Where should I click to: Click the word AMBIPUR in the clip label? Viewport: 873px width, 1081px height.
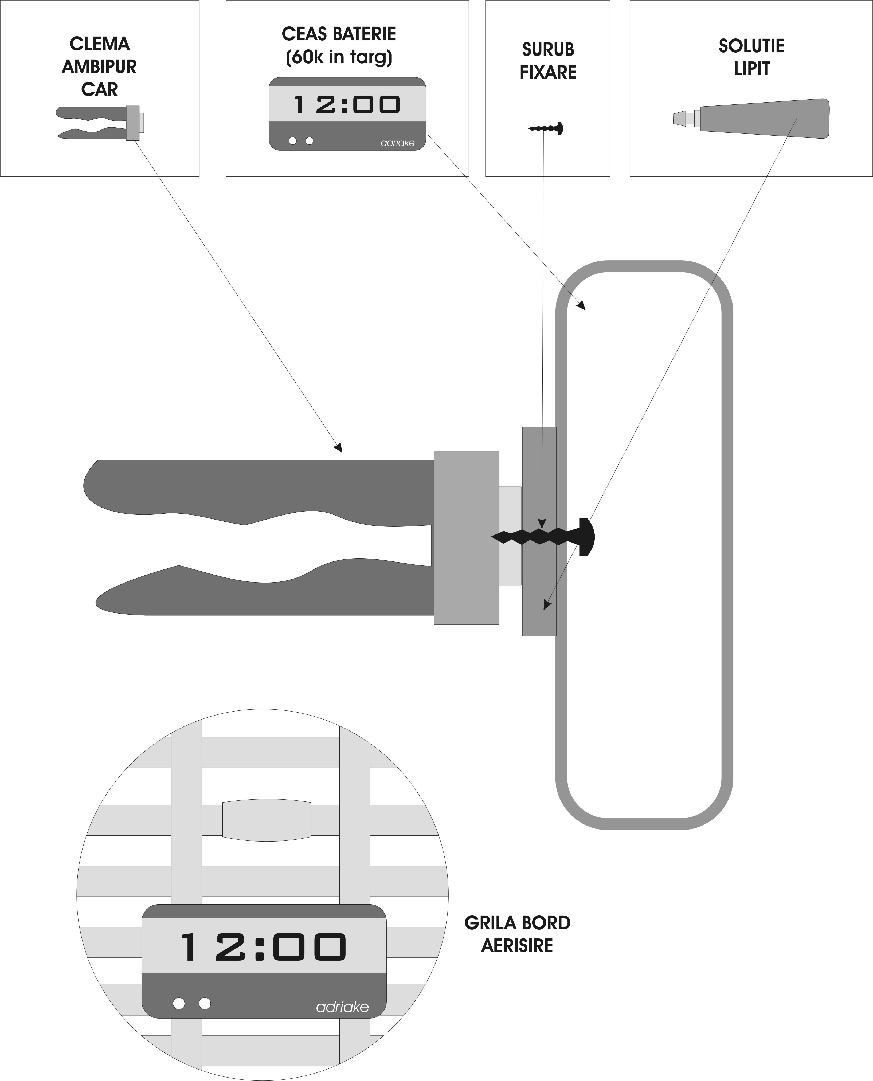pyautogui.click(x=99, y=67)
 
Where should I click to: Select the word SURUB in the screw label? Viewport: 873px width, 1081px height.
pyautogui.click(x=548, y=50)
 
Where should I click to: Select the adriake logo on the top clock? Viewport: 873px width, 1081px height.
pyautogui.click(x=397, y=143)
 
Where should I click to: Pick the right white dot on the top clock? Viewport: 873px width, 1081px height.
pyautogui.click(x=309, y=141)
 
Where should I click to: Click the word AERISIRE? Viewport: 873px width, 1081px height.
pyautogui.click(x=517, y=946)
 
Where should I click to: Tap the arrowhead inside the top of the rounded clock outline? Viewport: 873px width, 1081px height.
pyautogui.click(x=581, y=305)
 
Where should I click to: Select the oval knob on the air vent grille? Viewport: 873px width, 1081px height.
pyautogui.click(x=267, y=820)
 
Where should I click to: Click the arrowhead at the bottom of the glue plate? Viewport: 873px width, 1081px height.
pyautogui.click(x=547, y=605)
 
